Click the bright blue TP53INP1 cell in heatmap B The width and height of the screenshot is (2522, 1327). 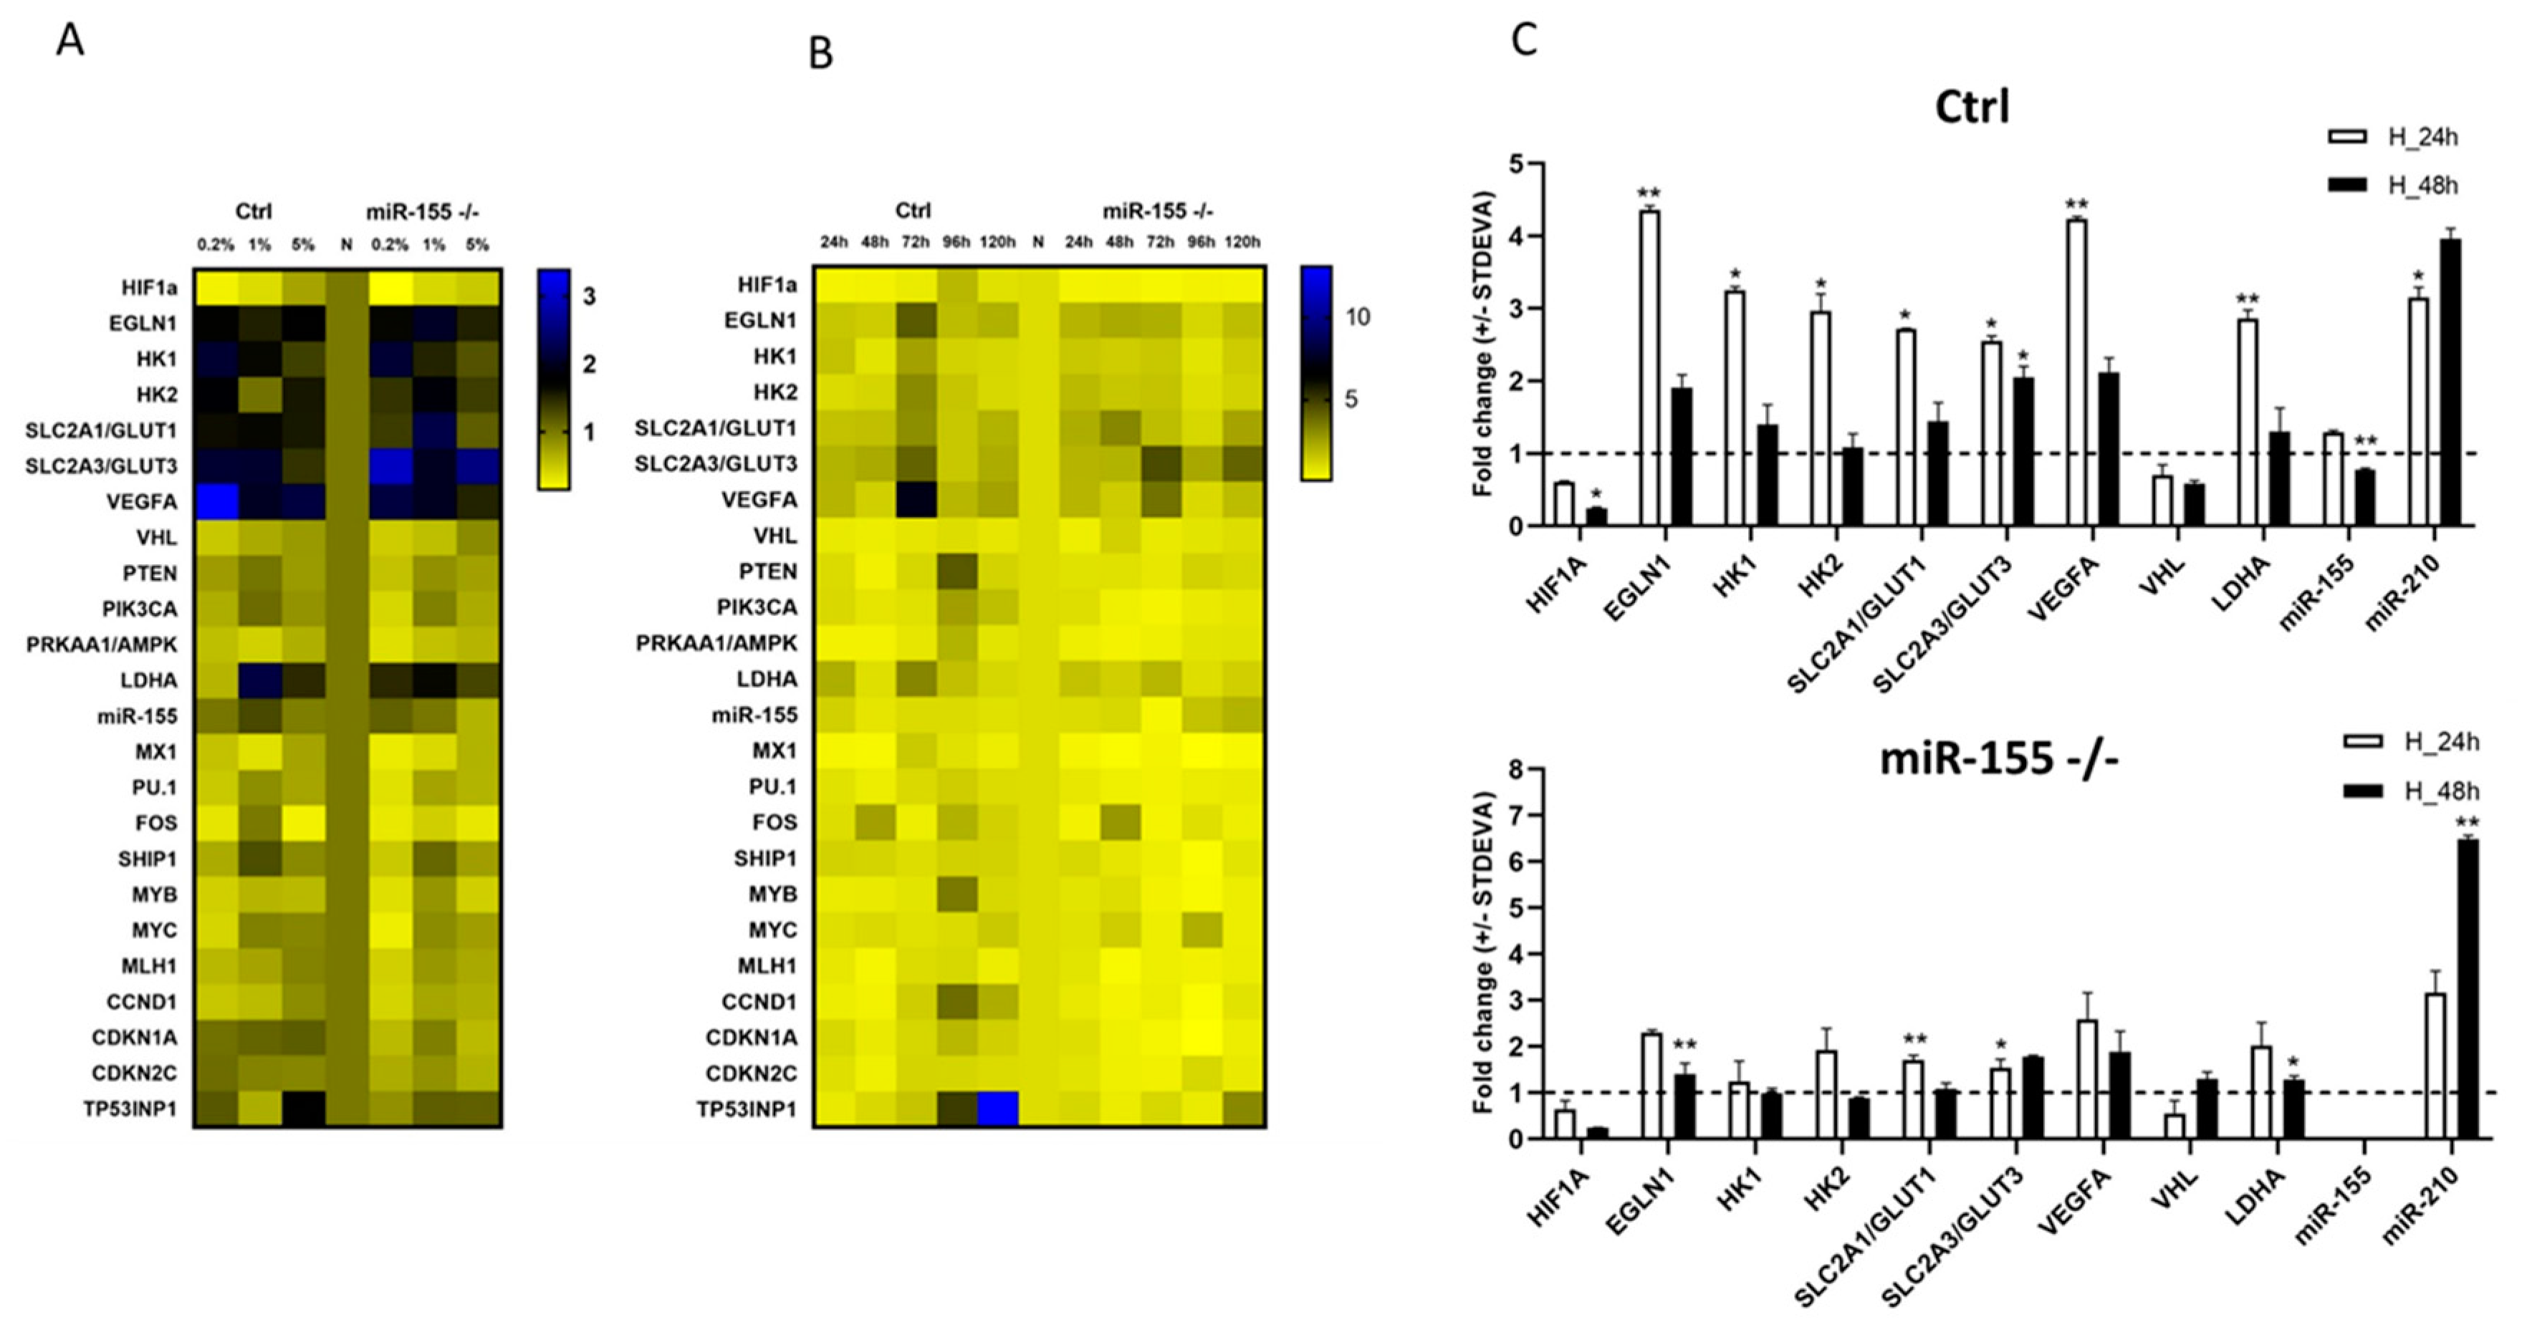997,1109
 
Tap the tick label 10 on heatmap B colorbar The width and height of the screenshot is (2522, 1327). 1358,317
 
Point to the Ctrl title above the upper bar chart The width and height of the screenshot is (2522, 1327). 1972,107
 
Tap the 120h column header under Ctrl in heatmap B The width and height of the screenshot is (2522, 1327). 997,243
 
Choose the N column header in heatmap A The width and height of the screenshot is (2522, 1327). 345,245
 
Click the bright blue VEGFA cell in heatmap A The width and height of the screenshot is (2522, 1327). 216,502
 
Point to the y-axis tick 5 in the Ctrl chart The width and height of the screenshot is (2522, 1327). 1515,165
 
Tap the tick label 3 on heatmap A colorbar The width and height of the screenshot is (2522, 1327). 588,296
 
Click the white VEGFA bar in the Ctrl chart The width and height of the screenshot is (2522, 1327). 2076,373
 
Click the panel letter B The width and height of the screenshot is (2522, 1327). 820,54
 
